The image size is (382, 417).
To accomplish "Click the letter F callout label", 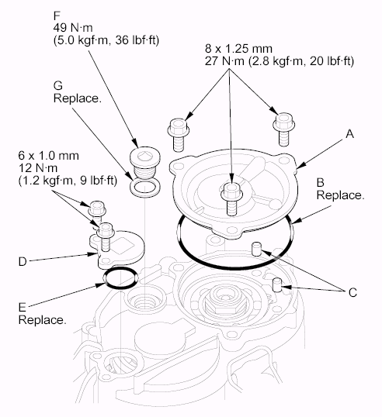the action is [x=57, y=16].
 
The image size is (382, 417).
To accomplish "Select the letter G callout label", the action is [x=57, y=85].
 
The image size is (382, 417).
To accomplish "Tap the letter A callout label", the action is [x=350, y=133].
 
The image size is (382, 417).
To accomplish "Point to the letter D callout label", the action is [x=23, y=262].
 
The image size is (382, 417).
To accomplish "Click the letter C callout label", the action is [x=352, y=292].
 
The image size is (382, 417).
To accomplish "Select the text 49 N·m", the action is [x=73, y=28].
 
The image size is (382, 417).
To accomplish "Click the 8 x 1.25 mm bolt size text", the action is [x=238, y=49].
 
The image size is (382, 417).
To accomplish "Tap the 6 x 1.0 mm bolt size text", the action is [x=48, y=156].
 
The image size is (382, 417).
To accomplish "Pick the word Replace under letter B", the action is [x=340, y=195].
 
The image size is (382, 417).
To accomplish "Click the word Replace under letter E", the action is [x=42, y=319].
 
